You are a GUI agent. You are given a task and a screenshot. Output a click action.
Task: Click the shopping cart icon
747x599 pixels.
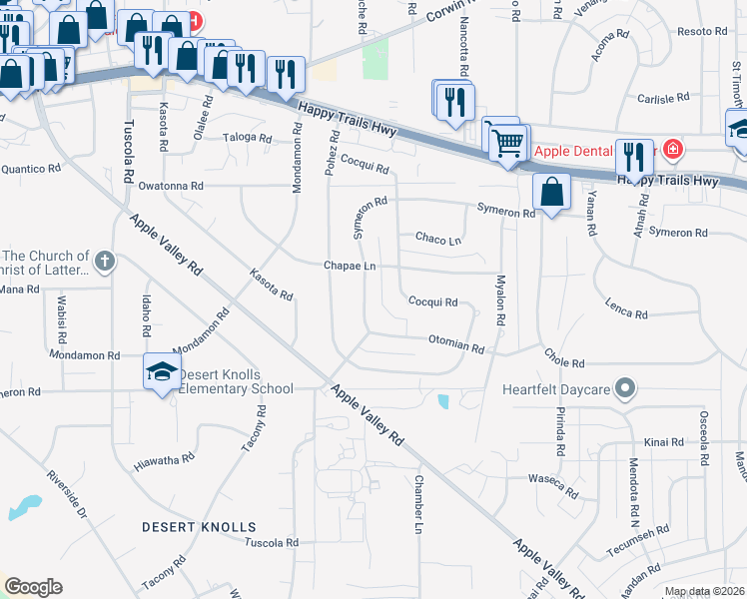(x=507, y=143)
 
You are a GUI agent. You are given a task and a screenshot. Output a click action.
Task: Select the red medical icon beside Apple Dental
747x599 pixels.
(x=673, y=150)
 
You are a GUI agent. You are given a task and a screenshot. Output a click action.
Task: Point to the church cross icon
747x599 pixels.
(x=105, y=263)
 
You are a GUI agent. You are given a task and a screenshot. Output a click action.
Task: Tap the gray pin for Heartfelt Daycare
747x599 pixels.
(x=625, y=387)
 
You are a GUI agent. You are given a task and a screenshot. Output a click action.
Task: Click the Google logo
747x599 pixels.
(x=33, y=587)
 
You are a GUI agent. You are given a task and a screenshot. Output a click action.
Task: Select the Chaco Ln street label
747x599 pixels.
(x=438, y=240)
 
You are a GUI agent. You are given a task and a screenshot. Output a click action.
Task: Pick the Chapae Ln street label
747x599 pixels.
(x=350, y=267)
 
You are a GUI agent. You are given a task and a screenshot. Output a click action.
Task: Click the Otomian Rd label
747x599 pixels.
(x=455, y=345)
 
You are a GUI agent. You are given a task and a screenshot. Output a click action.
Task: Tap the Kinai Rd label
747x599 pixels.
(x=663, y=441)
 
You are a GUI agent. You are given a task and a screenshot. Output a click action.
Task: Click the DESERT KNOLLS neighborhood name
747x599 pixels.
(x=199, y=526)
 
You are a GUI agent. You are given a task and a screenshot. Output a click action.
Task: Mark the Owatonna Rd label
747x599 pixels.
(x=171, y=186)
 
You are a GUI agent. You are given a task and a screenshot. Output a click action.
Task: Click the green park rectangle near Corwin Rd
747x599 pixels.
(x=375, y=59)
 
